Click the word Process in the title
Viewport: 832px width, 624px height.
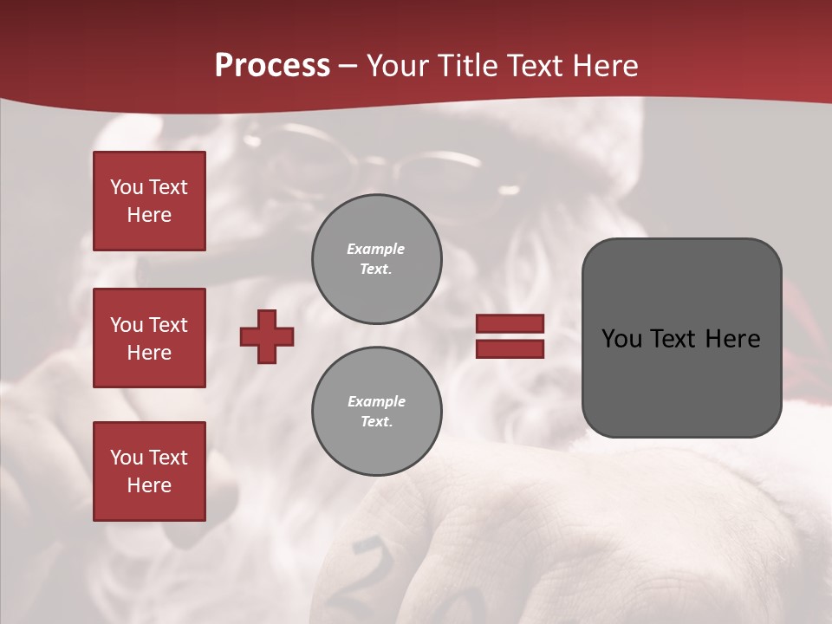(x=272, y=66)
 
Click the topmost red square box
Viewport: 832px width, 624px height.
(x=149, y=201)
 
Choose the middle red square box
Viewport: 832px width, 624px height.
(x=149, y=338)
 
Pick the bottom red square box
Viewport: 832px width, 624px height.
(x=149, y=471)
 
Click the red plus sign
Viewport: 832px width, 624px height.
(x=267, y=336)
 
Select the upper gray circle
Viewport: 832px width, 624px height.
(x=377, y=258)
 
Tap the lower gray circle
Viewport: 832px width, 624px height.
(x=377, y=411)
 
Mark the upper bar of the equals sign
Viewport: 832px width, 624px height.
(x=510, y=323)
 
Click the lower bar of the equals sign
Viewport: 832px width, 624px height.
(x=510, y=348)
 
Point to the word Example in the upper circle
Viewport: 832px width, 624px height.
(x=376, y=249)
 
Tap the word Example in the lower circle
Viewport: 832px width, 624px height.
(x=376, y=401)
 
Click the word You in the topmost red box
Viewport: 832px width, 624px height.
(x=126, y=187)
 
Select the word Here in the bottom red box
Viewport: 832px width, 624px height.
(x=149, y=485)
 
